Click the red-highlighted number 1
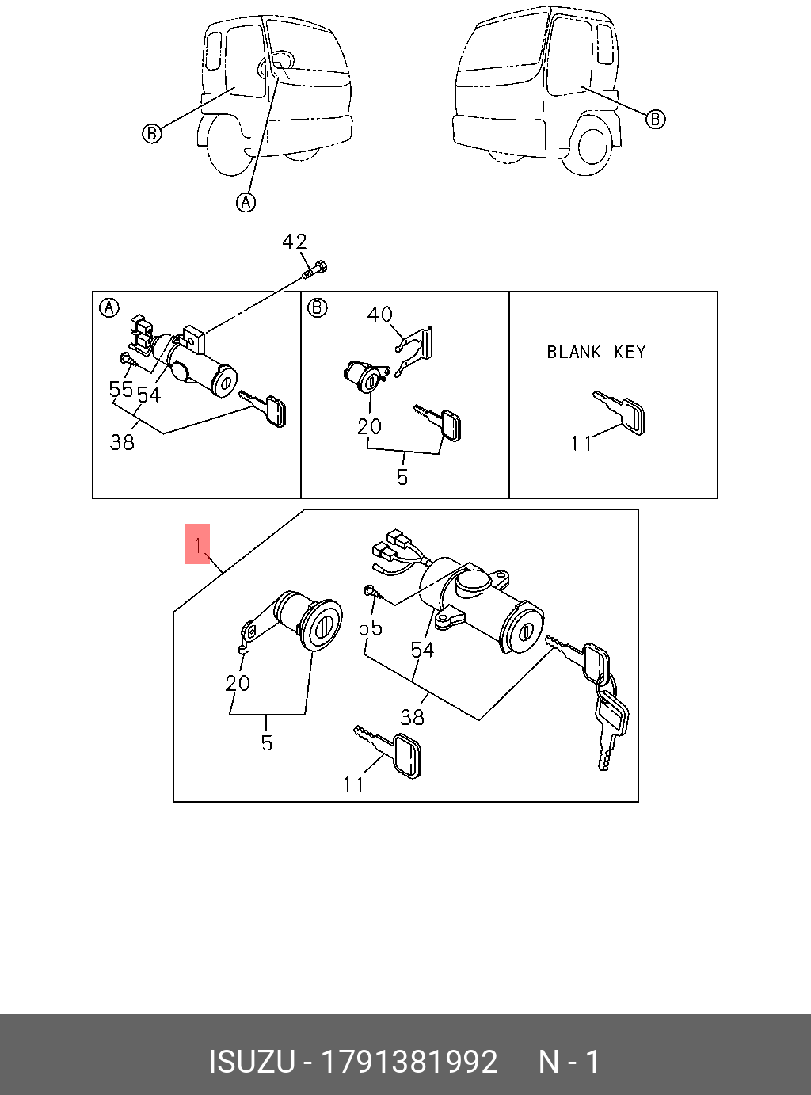click(197, 544)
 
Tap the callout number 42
click(295, 242)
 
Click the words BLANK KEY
click(596, 352)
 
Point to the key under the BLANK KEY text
click(621, 412)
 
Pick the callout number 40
click(380, 315)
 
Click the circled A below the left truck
click(246, 203)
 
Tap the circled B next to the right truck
click(656, 120)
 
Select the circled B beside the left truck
click(151, 133)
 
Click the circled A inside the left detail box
click(109, 307)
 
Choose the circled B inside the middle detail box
click(318, 307)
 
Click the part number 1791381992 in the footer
click(409, 1062)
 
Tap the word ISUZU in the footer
click(251, 1062)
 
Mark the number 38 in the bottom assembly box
click(413, 717)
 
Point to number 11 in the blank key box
click(581, 443)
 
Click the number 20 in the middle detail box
click(369, 426)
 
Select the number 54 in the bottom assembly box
click(422, 650)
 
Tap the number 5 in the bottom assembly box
click(267, 742)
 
